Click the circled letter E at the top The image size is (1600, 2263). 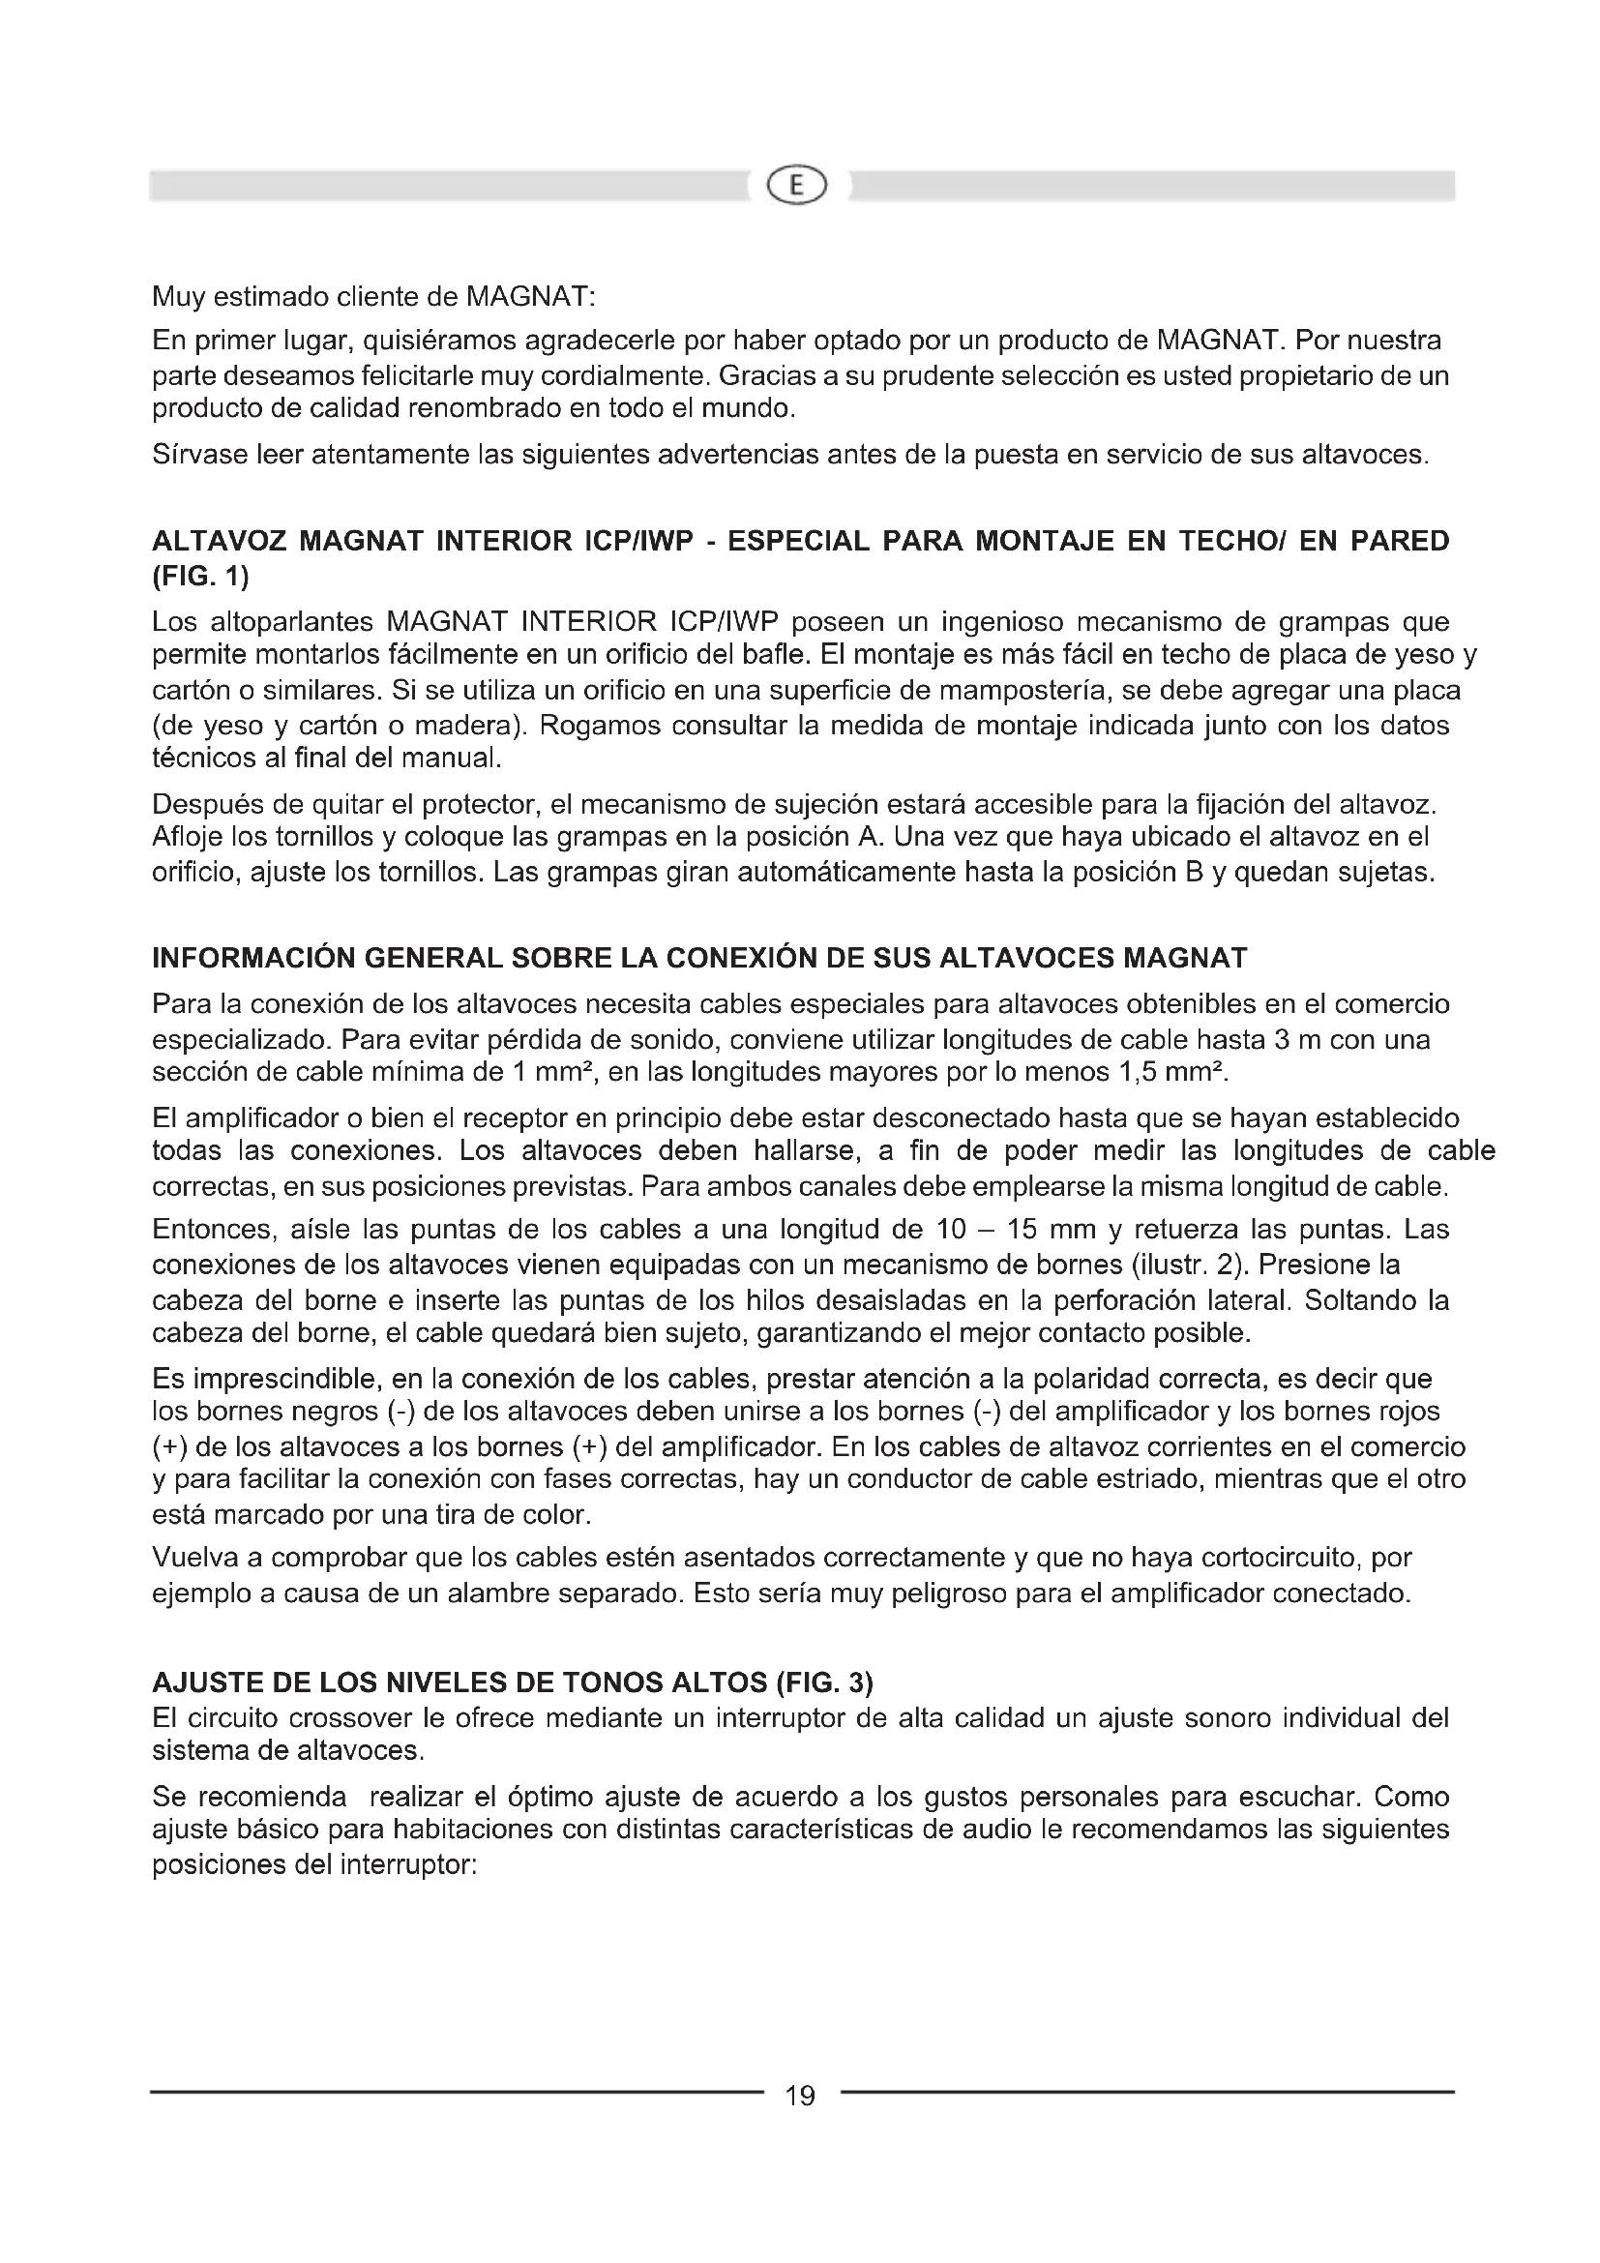click(x=798, y=186)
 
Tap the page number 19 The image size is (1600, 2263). click(x=800, y=2097)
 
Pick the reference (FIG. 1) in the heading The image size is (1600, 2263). click(x=200, y=576)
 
